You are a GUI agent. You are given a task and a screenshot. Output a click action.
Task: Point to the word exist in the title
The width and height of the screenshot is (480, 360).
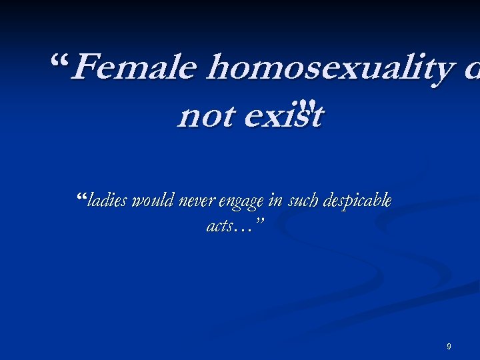(x=284, y=117)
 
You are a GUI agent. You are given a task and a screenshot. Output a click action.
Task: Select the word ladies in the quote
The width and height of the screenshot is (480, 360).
(x=109, y=201)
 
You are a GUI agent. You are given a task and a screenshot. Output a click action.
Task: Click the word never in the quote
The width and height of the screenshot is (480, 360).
(x=193, y=201)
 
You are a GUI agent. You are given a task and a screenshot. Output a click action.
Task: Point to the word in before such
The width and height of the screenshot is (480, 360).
(x=275, y=201)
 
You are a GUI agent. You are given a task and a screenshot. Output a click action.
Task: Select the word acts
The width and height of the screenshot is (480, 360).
(x=219, y=226)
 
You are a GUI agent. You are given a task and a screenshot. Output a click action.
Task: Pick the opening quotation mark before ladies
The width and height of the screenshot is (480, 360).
(x=83, y=197)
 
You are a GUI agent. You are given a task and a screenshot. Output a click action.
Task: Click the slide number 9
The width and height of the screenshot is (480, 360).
(x=449, y=347)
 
